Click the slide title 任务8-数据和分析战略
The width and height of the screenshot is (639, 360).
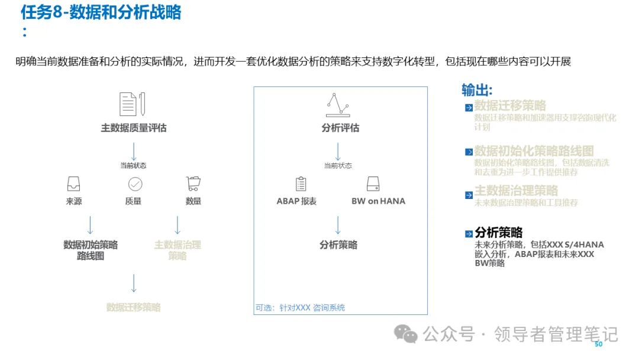101,12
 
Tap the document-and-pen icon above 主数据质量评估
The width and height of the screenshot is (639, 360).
133,104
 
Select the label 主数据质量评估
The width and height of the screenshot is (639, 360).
133,128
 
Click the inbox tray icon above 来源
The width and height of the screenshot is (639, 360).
74,184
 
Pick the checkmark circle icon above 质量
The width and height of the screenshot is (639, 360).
135,184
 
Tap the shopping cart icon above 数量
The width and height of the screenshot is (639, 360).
193,183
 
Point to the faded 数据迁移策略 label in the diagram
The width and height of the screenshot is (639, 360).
133,307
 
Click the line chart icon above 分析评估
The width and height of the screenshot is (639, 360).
338,105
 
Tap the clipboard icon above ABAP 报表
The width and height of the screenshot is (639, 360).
301,184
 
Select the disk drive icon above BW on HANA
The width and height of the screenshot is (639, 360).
373,184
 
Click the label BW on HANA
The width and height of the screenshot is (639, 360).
379,201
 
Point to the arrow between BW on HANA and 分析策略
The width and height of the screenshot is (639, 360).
338,226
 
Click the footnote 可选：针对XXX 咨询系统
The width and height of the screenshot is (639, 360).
300,308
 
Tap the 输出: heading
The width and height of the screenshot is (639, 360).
477,90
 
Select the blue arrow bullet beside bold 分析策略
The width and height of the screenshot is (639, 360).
469,234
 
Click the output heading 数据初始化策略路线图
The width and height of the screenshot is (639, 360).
534,151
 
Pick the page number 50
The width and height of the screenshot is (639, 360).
598,344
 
